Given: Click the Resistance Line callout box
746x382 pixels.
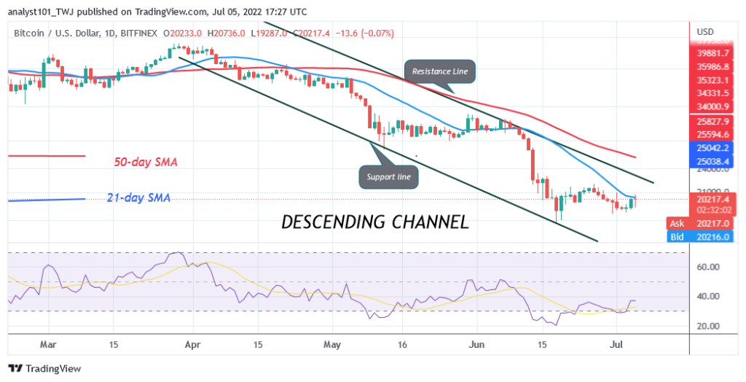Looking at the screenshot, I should [440, 71].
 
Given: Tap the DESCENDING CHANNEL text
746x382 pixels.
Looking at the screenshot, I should [375, 222].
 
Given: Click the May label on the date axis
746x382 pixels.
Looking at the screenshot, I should [332, 343].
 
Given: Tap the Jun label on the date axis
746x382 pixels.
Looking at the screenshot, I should [477, 343].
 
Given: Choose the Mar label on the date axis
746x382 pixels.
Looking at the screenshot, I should [47, 343].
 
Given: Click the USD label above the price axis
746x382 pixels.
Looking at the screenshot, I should [705, 32].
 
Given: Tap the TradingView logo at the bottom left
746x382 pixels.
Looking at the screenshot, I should [44, 369].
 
